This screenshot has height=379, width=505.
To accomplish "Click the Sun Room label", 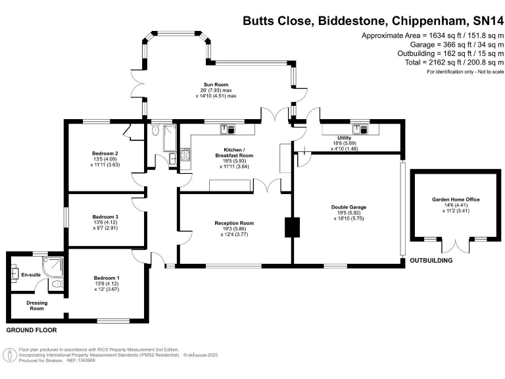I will (x=216, y=85).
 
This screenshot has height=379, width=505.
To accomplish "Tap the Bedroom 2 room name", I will (x=105, y=153).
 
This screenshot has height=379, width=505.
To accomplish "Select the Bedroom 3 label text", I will (x=105, y=216).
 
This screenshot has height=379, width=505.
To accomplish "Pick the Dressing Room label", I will (x=36, y=305).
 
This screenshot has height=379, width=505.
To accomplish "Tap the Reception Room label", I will (x=234, y=223).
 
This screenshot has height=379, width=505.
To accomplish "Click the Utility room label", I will (x=344, y=138).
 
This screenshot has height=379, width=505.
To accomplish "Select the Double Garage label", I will (x=349, y=207).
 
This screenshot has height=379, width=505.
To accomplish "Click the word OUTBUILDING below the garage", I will (x=431, y=261).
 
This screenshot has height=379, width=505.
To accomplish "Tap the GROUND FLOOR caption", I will (x=32, y=330).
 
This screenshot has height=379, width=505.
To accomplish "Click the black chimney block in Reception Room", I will (x=291, y=227).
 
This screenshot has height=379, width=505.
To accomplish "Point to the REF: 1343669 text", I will (x=83, y=361).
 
